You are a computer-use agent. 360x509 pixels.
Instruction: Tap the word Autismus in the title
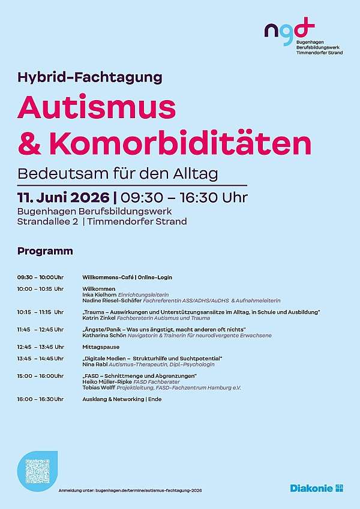97,108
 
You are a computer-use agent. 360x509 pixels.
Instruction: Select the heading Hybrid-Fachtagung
90,77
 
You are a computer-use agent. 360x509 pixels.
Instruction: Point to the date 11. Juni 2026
64,197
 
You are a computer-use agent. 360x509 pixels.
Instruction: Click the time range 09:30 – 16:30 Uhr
184,197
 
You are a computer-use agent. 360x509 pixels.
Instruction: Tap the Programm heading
45,251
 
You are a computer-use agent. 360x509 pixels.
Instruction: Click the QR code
37,470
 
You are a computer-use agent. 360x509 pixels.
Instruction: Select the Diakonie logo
316,488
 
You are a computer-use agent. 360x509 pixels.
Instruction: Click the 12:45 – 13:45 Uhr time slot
40,347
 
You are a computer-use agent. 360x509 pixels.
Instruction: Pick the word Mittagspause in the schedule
101,347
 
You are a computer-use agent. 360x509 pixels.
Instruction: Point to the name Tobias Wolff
98,387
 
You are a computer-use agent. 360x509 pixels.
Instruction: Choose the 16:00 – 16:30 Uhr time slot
40,399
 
